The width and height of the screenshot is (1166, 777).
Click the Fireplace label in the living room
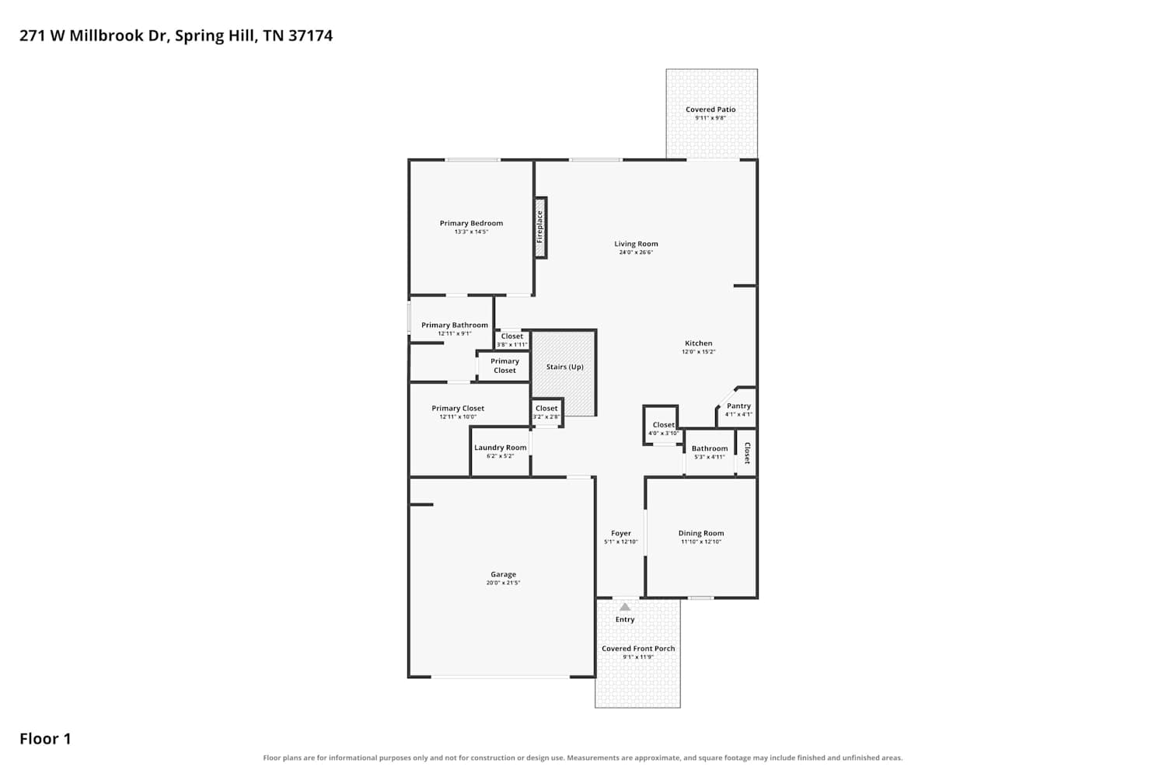click(x=539, y=227)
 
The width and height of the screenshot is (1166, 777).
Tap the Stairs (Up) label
click(x=565, y=367)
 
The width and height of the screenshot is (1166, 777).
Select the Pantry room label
click(x=738, y=406)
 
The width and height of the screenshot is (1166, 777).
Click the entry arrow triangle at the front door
click(x=625, y=607)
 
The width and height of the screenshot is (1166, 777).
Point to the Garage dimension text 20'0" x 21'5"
click(x=503, y=583)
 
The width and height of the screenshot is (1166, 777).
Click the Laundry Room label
click(x=501, y=448)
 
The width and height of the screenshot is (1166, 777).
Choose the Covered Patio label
click(x=710, y=110)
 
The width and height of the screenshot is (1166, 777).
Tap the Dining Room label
click(x=701, y=533)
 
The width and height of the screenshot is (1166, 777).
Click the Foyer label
click(x=621, y=533)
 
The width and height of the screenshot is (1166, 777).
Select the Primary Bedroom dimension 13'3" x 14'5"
click(x=471, y=232)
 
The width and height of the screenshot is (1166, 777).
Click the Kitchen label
click(x=699, y=343)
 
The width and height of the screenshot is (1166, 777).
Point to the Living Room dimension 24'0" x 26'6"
click(x=636, y=253)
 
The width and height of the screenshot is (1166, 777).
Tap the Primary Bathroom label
click(x=455, y=325)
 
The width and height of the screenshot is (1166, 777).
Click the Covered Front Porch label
click(x=638, y=649)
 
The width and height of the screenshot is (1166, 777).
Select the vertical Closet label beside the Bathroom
click(x=747, y=453)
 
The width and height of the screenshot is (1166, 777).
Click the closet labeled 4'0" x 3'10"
click(x=664, y=425)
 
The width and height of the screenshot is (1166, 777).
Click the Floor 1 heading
click(x=45, y=739)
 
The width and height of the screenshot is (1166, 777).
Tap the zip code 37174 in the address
click(x=310, y=36)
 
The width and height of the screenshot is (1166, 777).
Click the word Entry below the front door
click(x=625, y=619)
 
